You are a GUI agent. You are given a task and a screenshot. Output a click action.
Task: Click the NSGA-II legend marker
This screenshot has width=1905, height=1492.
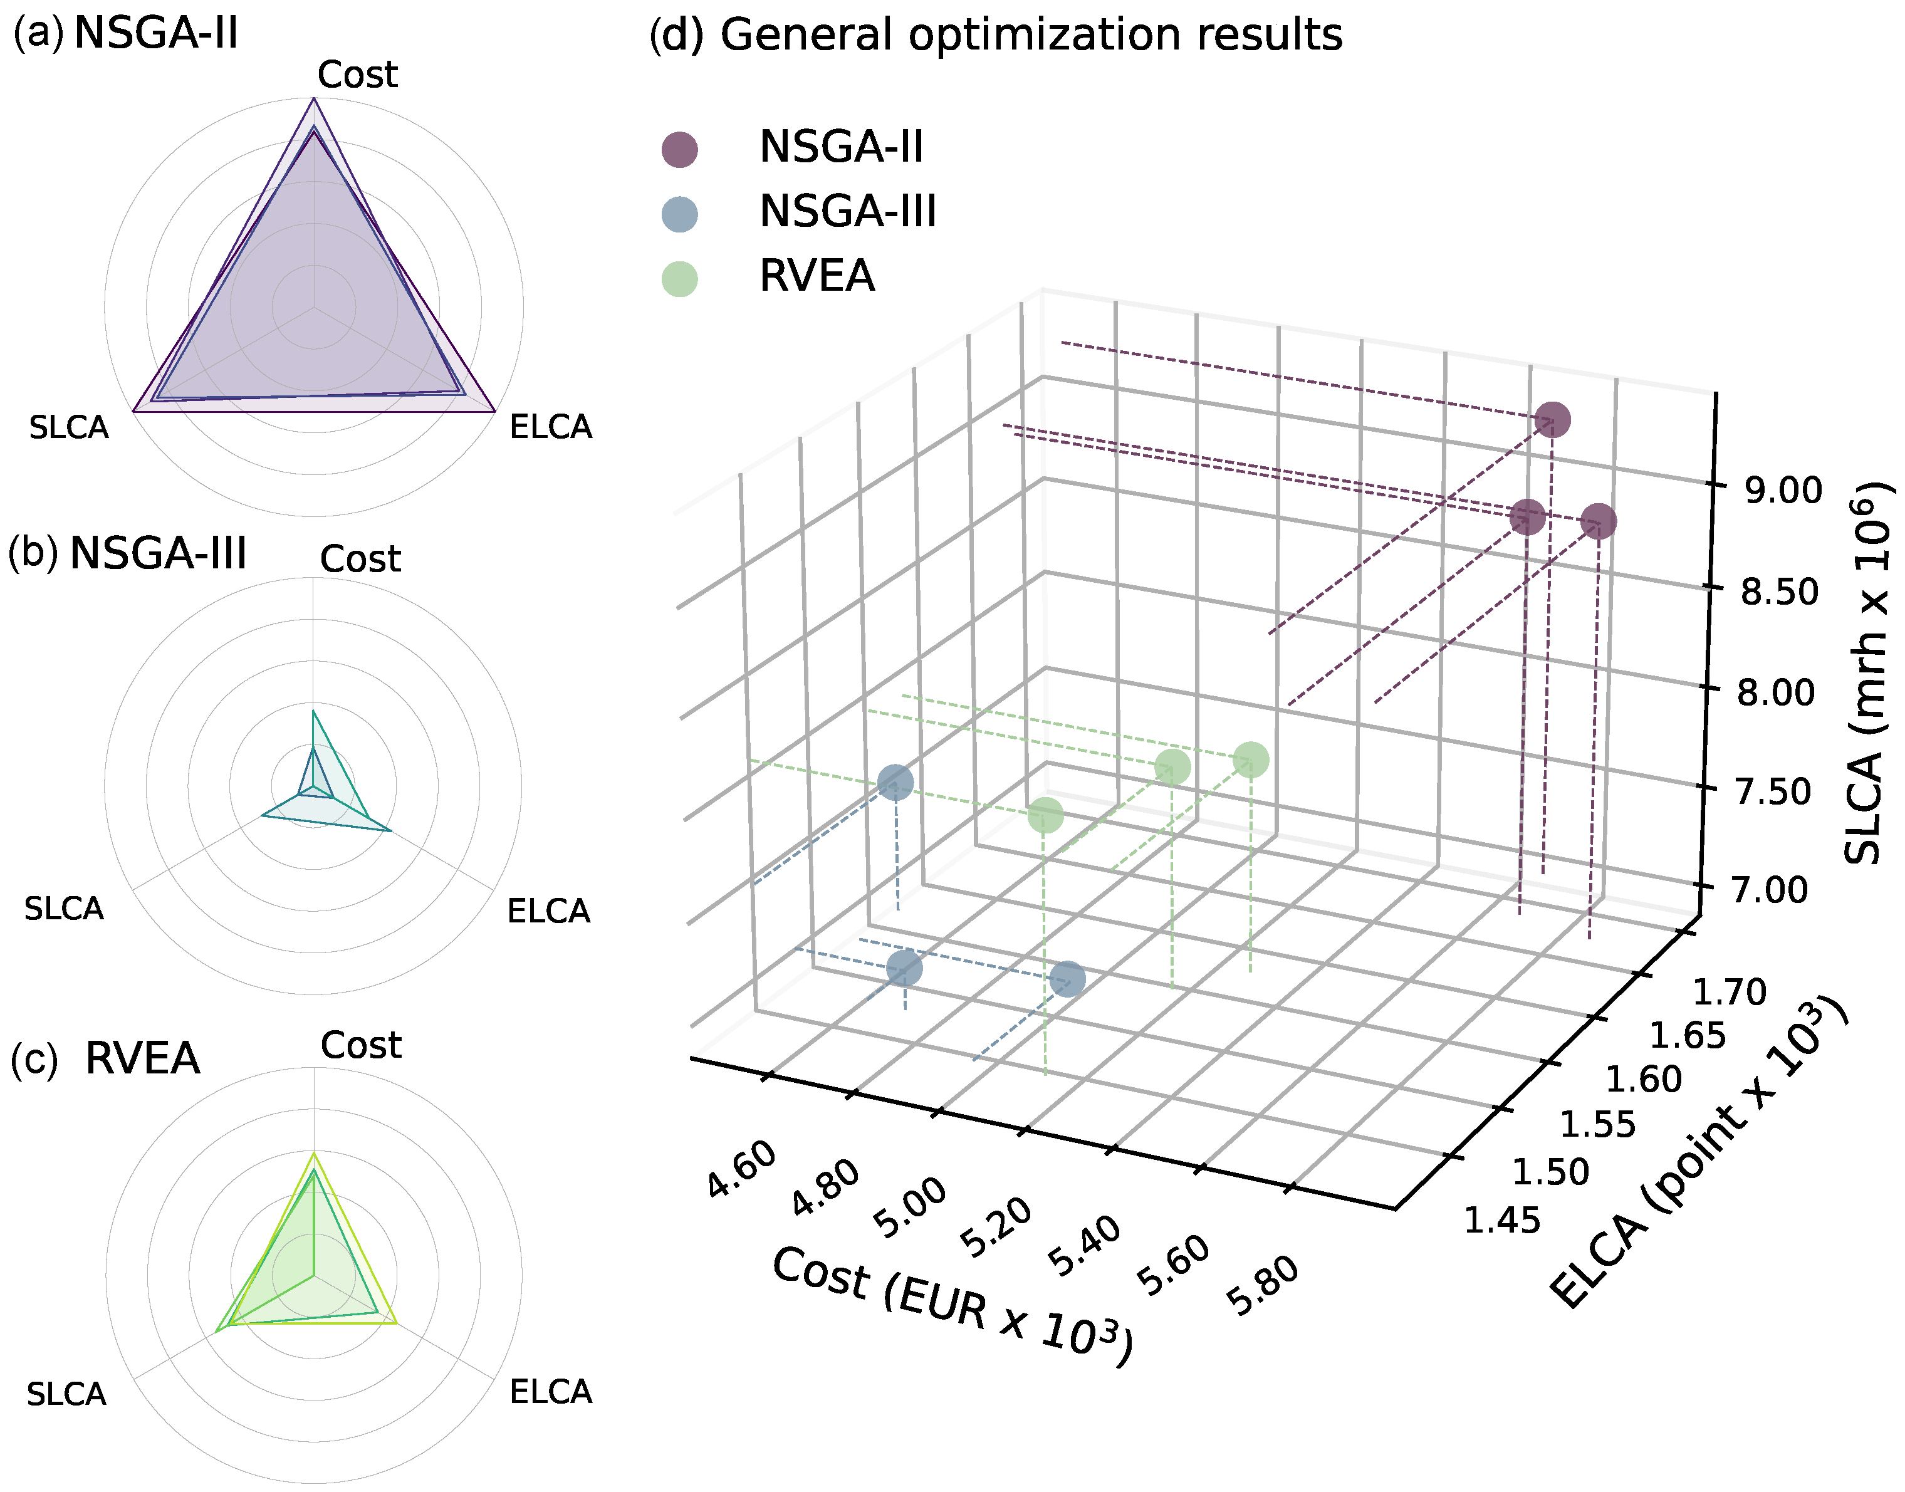pos(679,149)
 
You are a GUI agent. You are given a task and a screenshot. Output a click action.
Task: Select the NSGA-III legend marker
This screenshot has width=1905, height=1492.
pos(679,214)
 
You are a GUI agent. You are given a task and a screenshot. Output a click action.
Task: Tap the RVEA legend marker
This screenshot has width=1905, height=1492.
pos(679,279)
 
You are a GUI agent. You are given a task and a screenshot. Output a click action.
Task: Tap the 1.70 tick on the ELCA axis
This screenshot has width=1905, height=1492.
pos(1730,993)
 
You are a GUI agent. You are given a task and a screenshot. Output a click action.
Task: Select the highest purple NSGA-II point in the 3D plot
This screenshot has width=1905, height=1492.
pos(1552,419)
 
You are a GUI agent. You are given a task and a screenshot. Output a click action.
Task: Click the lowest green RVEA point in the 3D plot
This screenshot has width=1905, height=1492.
pos(1045,816)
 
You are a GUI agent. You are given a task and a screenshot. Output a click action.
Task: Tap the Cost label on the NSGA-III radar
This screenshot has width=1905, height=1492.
pos(360,559)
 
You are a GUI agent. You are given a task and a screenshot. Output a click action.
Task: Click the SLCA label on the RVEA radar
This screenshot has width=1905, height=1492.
pos(66,1394)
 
